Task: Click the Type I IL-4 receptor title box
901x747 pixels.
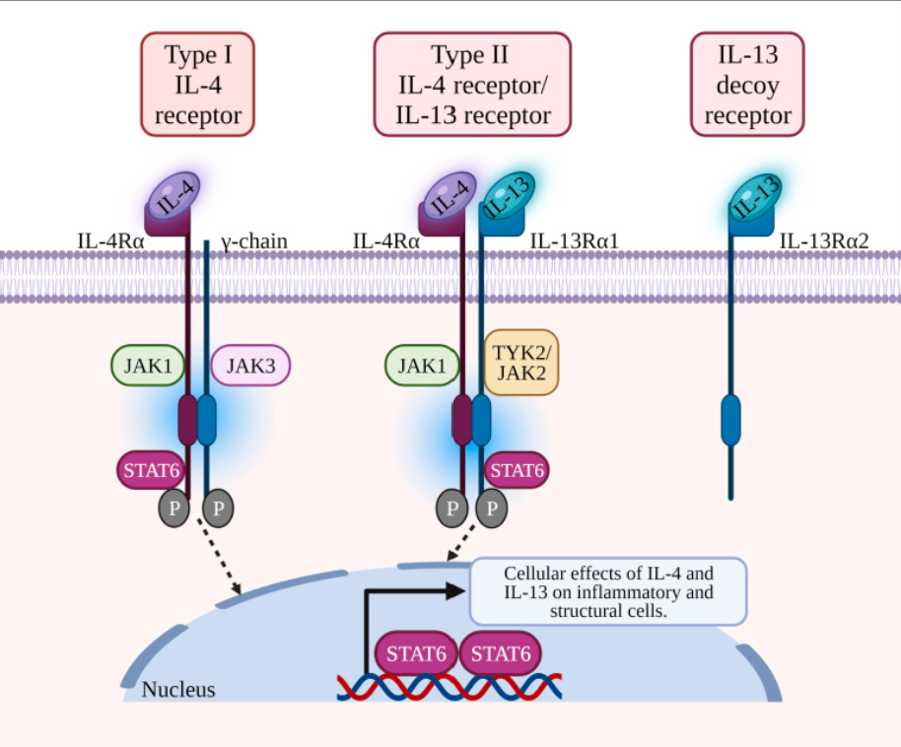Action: [x=198, y=85]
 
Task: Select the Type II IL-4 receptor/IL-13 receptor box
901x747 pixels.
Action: [x=472, y=85]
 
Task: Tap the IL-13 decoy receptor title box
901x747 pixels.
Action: [x=747, y=85]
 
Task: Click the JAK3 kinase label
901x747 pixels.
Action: [x=250, y=366]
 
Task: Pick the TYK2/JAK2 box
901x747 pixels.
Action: [x=521, y=363]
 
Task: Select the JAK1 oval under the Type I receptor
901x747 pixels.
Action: [x=148, y=366]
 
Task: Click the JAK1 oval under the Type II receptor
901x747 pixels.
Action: [x=422, y=366]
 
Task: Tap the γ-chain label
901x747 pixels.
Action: [x=253, y=241]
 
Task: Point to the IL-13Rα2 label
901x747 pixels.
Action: [x=824, y=240]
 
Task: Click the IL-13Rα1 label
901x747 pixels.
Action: [x=574, y=240]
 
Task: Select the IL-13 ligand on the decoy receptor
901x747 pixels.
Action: [x=756, y=198]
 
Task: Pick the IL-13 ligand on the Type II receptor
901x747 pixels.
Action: [x=509, y=196]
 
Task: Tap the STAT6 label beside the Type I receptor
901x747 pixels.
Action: [x=151, y=470]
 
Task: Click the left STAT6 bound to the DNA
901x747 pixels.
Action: [x=416, y=653]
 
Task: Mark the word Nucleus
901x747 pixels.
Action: [x=178, y=690]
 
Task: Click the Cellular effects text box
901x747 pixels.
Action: [x=608, y=591]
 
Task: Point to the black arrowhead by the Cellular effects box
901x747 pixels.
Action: [x=456, y=590]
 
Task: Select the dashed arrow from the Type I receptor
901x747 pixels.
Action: [x=219, y=556]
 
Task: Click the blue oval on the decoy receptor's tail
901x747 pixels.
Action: [x=730, y=420]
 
